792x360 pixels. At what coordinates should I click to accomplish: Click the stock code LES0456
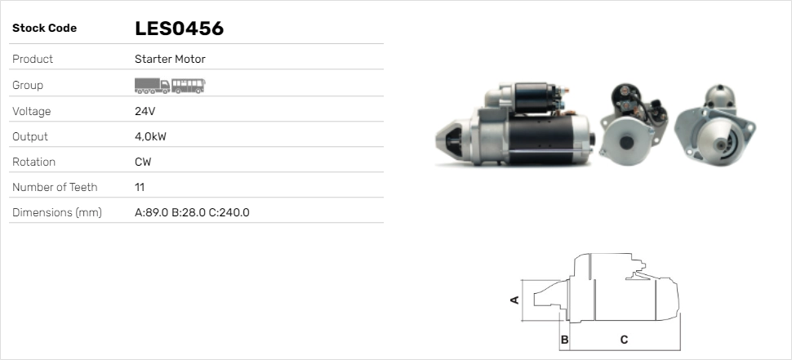(x=179, y=29)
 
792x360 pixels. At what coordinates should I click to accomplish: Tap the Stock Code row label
(x=44, y=29)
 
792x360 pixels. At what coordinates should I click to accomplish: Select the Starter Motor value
(x=170, y=60)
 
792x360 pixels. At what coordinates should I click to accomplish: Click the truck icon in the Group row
(x=152, y=85)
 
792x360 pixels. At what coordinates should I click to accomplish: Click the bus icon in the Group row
(x=189, y=85)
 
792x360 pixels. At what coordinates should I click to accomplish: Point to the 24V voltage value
(x=145, y=111)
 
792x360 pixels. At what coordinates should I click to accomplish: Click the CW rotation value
(x=143, y=162)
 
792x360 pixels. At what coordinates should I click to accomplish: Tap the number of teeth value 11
(x=140, y=187)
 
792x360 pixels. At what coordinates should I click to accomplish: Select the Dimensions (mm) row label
(x=56, y=212)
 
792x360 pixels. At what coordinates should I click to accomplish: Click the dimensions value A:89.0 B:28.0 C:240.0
(x=192, y=212)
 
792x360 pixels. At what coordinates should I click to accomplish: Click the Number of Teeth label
(x=55, y=187)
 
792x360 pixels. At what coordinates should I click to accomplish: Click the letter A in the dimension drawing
(x=514, y=300)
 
